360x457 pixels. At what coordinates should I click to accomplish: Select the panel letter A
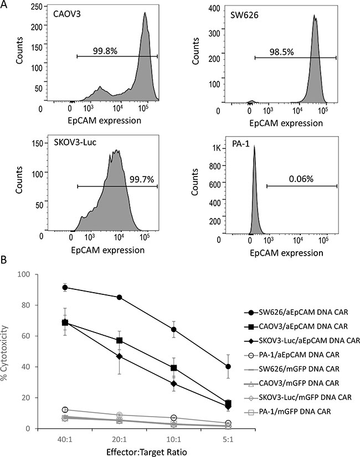[x=6, y=6]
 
